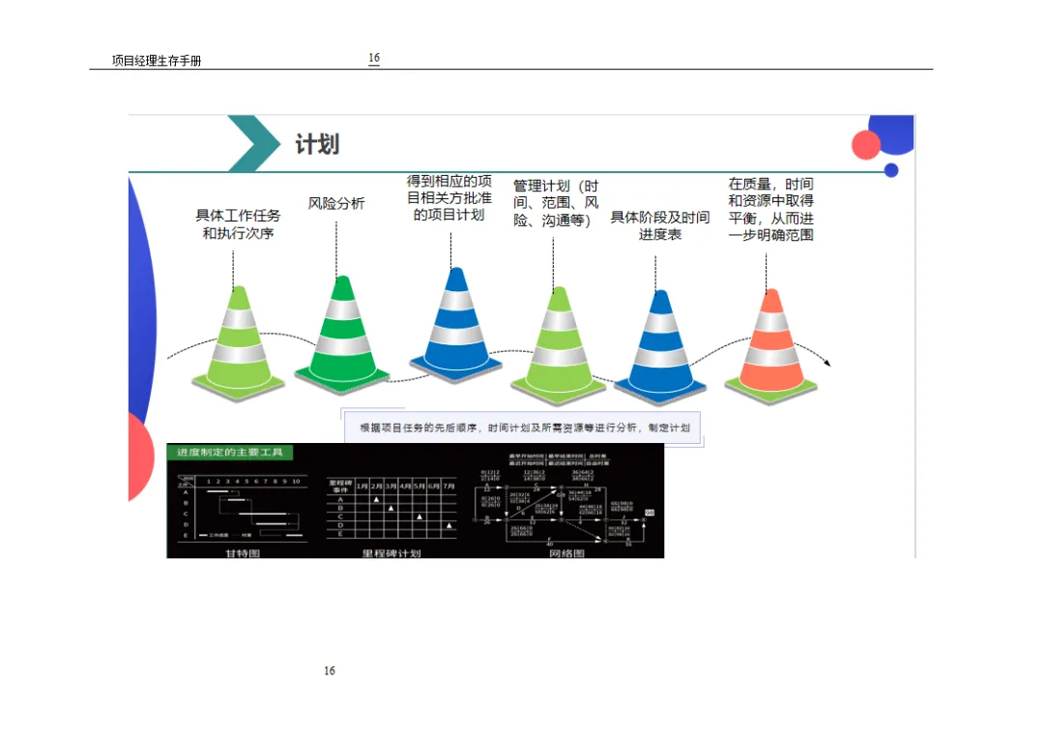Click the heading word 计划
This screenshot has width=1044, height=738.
click(x=317, y=145)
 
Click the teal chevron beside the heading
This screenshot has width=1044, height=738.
click(x=253, y=143)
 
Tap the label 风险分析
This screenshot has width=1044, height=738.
click(x=336, y=204)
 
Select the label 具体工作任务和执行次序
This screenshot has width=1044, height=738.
click(x=239, y=224)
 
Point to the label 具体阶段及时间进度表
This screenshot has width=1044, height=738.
click(x=660, y=225)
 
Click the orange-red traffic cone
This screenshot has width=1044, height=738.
click(x=770, y=343)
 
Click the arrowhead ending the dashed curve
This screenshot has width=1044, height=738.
click(x=826, y=364)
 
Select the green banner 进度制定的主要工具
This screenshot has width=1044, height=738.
click(x=229, y=453)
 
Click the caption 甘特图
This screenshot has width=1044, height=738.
click(x=242, y=553)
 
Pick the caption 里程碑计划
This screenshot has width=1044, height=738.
click(x=391, y=553)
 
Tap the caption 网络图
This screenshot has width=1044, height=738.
click(x=565, y=553)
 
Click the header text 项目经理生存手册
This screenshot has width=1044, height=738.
click(x=157, y=61)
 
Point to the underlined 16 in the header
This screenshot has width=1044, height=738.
click(x=374, y=58)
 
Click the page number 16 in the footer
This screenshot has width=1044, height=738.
click(x=330, y=670)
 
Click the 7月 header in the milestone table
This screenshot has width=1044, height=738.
click(x=449, y=486)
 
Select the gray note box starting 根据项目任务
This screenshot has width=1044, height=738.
click(x=524, y=428)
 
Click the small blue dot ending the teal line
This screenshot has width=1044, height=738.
click(x=891, y=170)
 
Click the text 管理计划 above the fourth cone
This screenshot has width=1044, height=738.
click(x=541, y=186)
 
